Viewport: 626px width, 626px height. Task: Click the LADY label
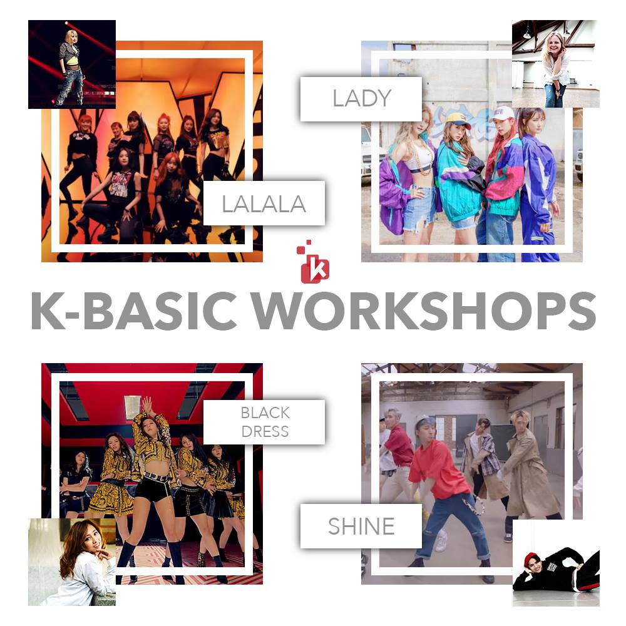[x=361, y=99]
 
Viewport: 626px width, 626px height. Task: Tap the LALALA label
[x=264, y=203]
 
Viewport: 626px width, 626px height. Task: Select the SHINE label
[x=361, y=526]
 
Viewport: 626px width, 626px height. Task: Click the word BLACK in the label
[x=265, y=413]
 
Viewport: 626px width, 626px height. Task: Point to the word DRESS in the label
[x=265, y=431]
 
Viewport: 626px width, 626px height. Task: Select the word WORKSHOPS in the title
[x=424, y=310]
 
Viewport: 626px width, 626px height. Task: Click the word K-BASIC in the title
[x=134, y=310]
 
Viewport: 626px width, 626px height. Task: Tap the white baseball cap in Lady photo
[x=503, y=113]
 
